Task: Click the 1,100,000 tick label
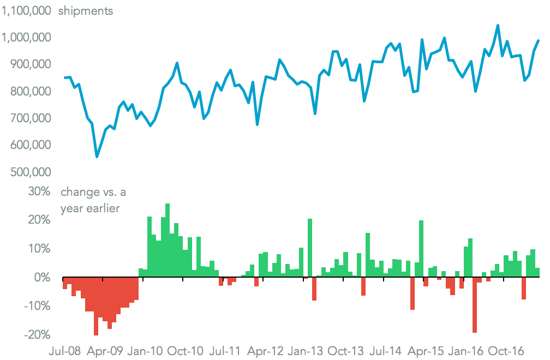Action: click(27, 10)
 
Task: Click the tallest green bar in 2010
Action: click(168, 241)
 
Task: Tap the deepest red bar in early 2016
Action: click(475, 305)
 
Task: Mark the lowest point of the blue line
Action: click(97, 157)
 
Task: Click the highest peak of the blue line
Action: click(498, 25)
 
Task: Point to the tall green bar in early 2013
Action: click(310, 248)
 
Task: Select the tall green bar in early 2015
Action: click(421, 249)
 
